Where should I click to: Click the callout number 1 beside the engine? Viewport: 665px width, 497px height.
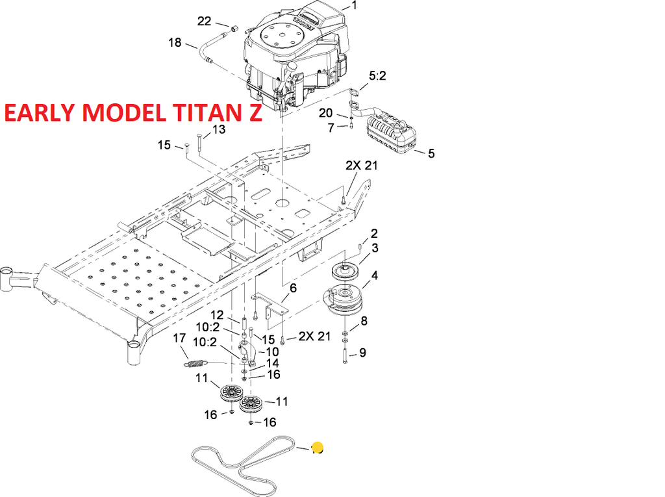pos(354,6)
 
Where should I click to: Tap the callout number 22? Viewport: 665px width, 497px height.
pos(205,21)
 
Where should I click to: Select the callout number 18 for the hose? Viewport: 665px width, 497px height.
pos(175,43)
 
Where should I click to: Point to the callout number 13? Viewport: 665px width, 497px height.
pos(219,130)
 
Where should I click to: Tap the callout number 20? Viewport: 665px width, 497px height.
pos(325,114)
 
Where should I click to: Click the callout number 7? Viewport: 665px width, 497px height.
pos(331,128)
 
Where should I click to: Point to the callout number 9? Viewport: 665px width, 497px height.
pos(362,353)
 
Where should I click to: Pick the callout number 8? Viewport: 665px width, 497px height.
pos(364,321)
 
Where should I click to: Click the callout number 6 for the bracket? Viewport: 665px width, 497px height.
pos(293,288)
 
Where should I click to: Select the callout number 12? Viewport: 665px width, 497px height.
pos(216,315)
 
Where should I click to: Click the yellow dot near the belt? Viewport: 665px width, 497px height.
pos(318,447)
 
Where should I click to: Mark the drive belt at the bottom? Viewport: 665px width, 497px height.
pos(240,462)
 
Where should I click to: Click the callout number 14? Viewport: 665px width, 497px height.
pos(273,363)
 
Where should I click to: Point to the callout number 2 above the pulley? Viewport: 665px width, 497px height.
pos(374,233)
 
